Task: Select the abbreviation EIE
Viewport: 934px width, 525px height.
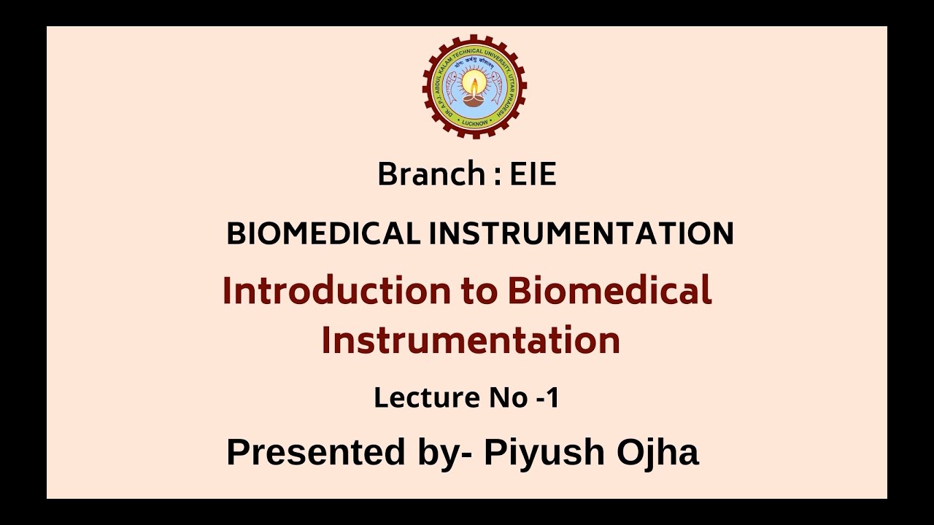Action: [533, 175]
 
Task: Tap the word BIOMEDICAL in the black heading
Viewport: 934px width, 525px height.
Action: [323, 234]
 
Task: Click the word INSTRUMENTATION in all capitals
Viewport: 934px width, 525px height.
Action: [581, 234]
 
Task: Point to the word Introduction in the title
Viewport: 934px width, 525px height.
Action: [337, 290]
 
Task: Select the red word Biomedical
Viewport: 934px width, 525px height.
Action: [609, 290]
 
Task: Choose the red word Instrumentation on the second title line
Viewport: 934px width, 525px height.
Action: [471, 340]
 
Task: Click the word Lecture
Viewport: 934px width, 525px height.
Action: [423, 398]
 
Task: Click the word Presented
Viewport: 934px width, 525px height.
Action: [316, 452]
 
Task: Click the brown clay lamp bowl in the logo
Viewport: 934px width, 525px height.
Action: [474, 100]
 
